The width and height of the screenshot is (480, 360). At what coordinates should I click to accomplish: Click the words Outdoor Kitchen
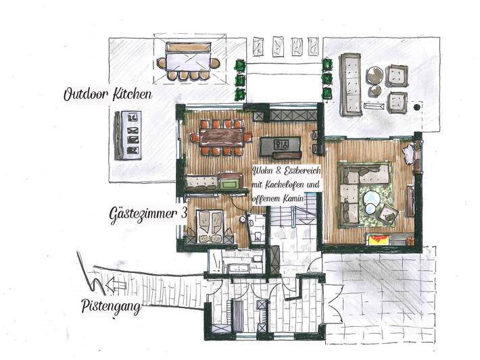click(107, 95)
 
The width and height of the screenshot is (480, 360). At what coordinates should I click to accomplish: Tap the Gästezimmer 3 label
click(148, 215)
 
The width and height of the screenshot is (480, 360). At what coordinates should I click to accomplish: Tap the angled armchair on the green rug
click(387, 214)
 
